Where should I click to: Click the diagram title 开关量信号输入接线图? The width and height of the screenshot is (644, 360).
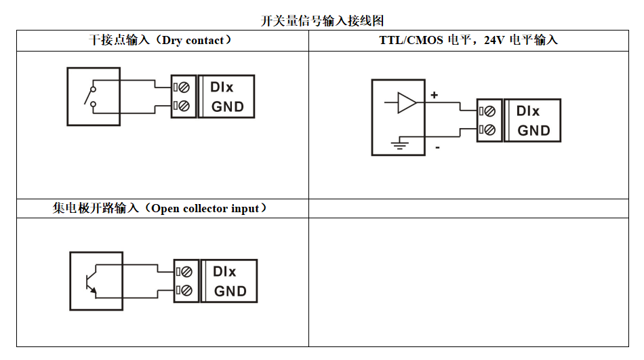pos(323,21)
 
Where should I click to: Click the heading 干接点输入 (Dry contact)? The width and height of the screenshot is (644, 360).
pos(161,41)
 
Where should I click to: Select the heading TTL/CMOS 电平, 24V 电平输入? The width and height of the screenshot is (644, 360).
pos(468,41)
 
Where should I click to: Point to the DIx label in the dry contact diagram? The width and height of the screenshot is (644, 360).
pos(222,87)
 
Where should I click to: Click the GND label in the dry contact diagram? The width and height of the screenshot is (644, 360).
pos(227,107)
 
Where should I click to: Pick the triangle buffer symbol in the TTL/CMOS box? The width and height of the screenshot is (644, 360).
pos(406,102)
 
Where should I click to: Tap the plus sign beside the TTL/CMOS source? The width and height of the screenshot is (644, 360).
pos(435,96)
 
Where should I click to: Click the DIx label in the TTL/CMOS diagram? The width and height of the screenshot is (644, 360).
pos(528,111)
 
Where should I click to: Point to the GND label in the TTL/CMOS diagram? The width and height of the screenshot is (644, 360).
pos(534,131)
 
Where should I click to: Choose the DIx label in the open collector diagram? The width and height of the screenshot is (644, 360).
pos(224,272)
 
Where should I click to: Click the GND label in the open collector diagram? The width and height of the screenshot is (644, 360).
pos(230,292)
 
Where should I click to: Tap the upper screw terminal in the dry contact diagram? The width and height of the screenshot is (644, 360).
pos(183,87)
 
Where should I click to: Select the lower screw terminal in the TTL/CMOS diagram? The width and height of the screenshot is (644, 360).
pos(489,130)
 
